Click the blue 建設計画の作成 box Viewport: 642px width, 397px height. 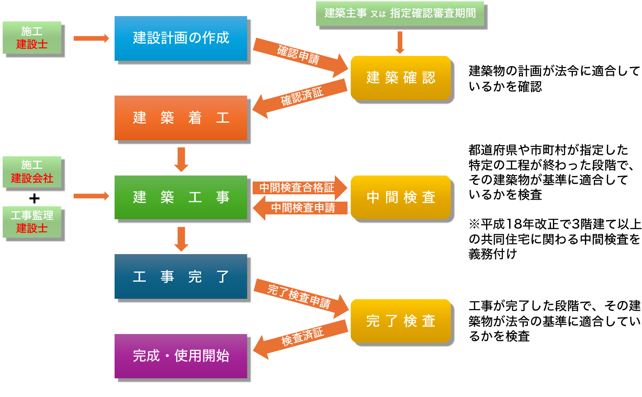click(181, 38)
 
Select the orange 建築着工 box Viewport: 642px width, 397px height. click(181, 118)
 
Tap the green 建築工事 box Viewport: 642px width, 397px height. click(181, 197)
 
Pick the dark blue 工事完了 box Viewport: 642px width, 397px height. click(181, 276)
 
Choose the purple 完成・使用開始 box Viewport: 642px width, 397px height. click(181, 356)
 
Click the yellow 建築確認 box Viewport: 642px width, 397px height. click(400, 78)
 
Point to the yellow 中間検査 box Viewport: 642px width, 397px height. click(400, 197)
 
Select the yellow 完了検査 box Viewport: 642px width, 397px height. click(400, 321)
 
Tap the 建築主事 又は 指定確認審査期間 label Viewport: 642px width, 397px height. click(399, 13)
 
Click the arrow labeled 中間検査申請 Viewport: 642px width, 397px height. click(301, 208)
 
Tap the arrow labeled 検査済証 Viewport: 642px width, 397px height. click(301, 338)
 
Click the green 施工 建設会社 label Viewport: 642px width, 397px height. click(32, 172)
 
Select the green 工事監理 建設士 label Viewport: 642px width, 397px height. click(32, 222)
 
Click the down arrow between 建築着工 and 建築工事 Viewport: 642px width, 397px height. click(181, 159)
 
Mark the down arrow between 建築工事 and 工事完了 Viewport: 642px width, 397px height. click(181, 238)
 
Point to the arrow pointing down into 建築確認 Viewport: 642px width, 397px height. click(400, 42)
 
